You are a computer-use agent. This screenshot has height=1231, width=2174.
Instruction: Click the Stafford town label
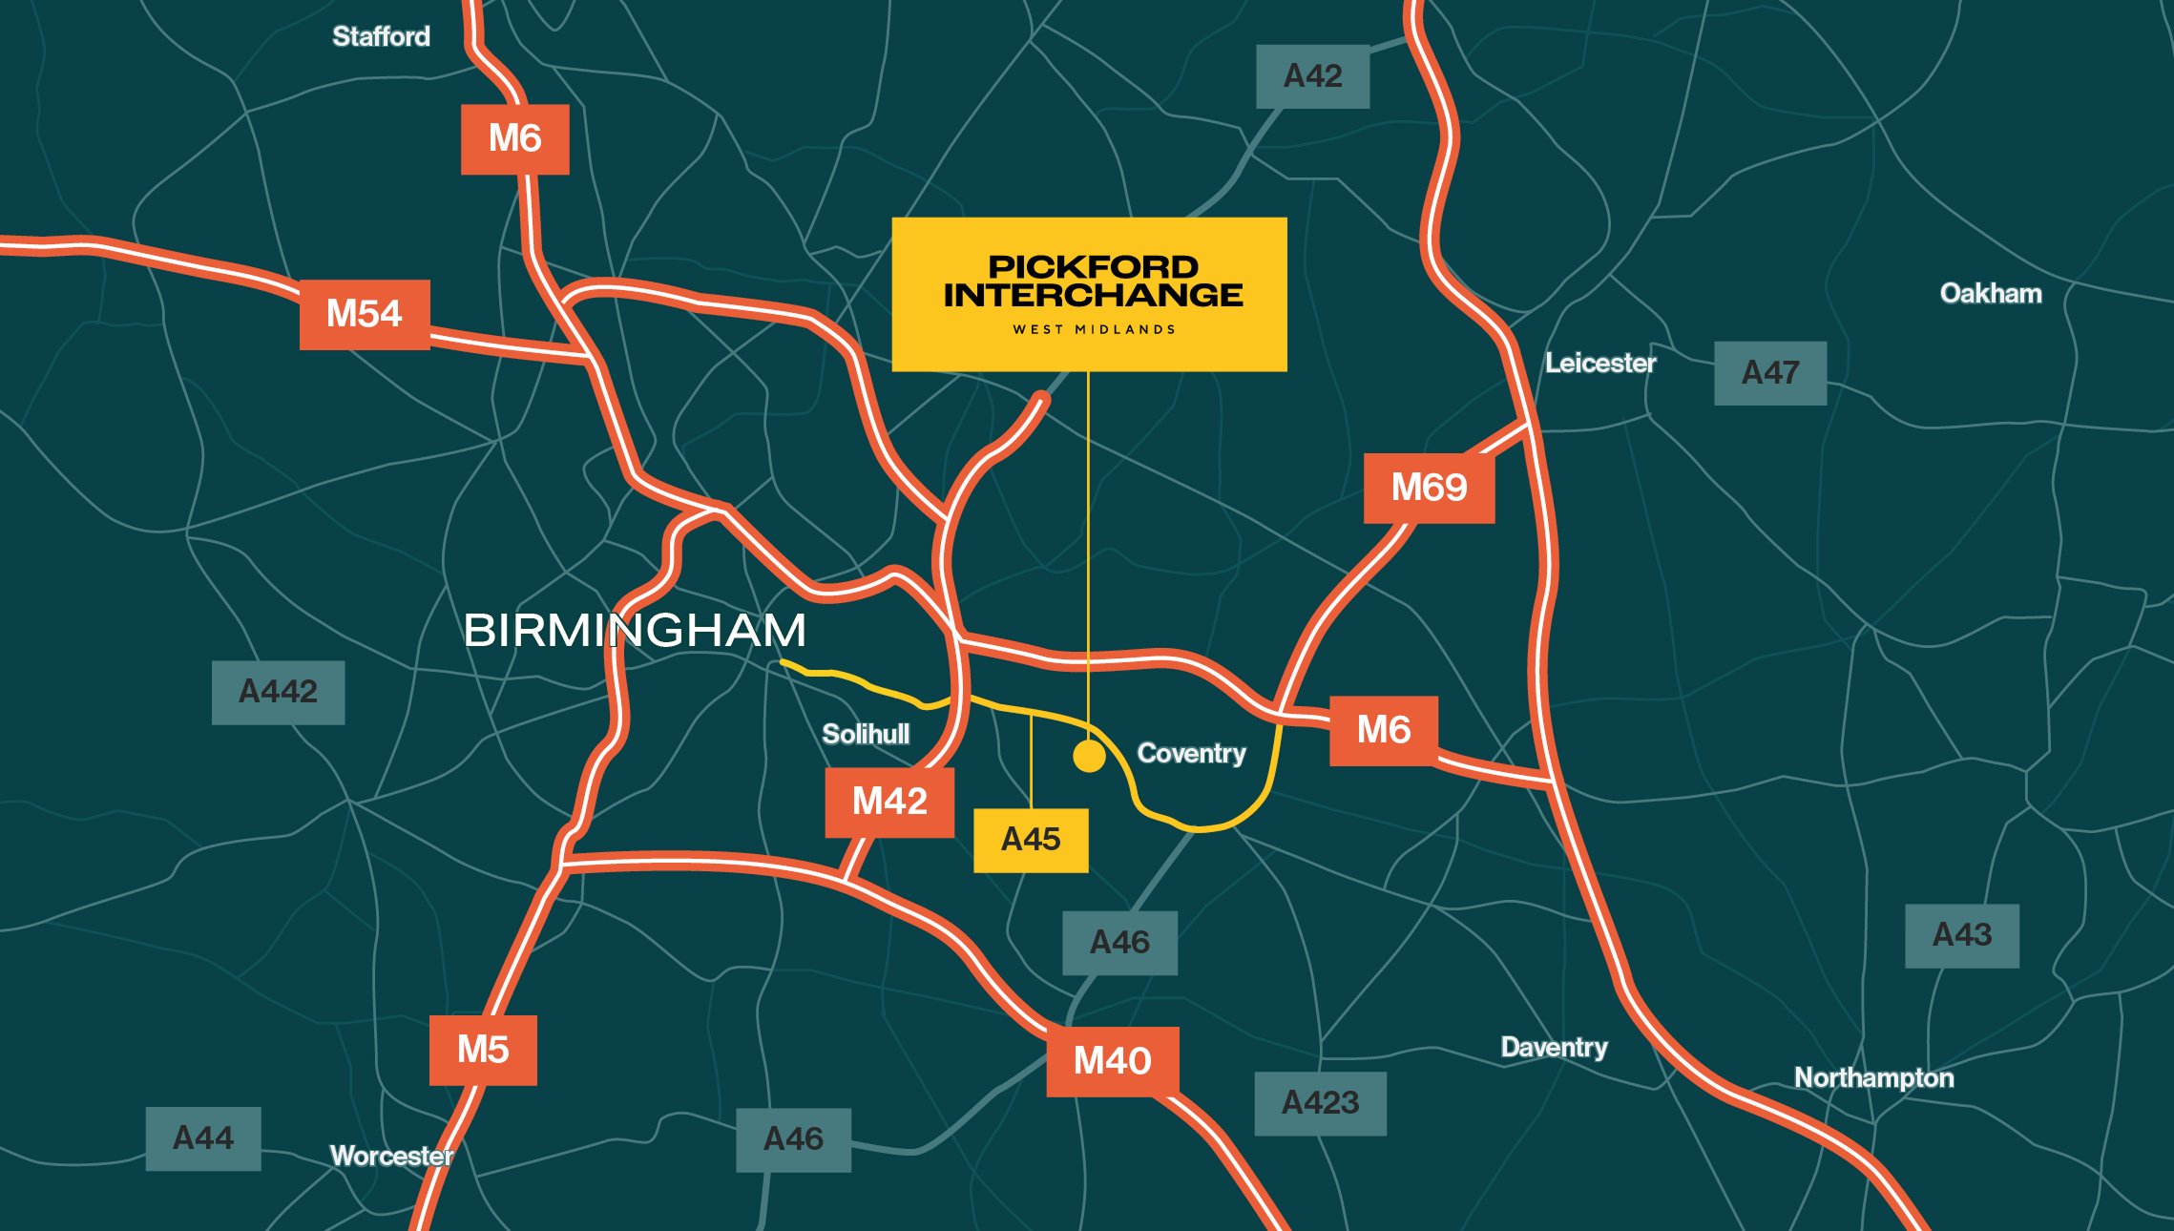click(381, 36)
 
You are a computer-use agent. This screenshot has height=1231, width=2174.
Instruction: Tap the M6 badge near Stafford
click(514, 139)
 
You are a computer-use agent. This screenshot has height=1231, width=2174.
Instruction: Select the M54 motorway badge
click(365, 314)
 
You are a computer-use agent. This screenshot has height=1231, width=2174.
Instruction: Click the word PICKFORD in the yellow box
click(1093, 266)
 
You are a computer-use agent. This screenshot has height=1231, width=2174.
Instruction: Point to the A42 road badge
click(1312, 76)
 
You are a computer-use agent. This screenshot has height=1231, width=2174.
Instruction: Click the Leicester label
click(1600, 364)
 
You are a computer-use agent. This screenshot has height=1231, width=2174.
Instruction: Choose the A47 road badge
click(1770, 373)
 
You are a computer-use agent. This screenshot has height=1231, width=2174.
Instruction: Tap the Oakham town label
click(1991, 293)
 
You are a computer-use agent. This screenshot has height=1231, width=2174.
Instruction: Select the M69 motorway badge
click(1429, 488)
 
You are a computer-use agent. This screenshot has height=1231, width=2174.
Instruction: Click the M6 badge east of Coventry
click(1383, 730)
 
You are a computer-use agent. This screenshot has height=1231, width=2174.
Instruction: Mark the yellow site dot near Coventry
click(1089, 756)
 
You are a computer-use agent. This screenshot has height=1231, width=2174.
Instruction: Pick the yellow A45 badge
click(1031, 840)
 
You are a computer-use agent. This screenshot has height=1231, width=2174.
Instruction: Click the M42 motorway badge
click(889, 802)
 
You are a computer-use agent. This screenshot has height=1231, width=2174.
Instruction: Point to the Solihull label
click(866, 734)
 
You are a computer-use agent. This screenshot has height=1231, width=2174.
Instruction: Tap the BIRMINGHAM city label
click(635, 631)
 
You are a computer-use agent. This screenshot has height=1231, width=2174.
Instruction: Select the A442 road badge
click(278, 692)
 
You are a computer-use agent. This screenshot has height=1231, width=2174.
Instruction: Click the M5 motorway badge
click(483, 1050)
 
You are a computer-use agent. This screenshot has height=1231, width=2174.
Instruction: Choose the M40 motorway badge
click(1113, 1061)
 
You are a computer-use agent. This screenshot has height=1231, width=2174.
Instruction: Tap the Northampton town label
click(1873, 1077)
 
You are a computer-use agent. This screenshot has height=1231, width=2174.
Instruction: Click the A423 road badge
click(1320, 1103)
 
